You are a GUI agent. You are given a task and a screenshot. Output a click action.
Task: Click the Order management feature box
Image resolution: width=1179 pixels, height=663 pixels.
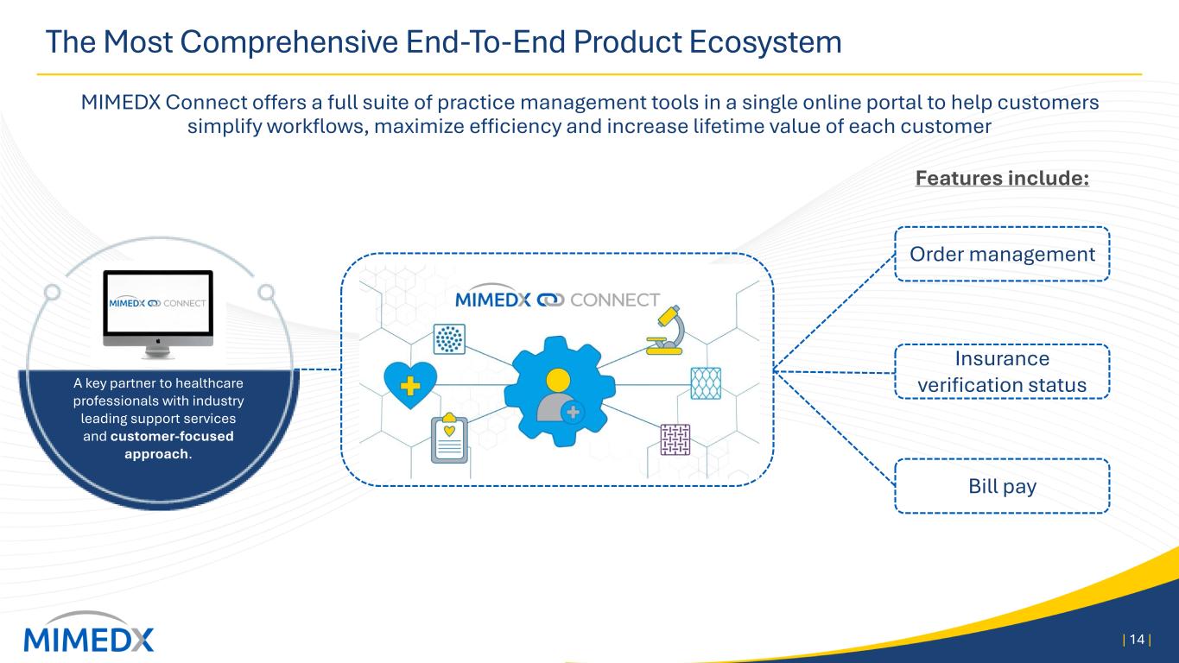pyautogui.click(x=1002, y=254)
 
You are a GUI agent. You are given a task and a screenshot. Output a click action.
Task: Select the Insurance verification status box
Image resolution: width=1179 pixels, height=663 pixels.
pyautogui.click(x=1002, y=371)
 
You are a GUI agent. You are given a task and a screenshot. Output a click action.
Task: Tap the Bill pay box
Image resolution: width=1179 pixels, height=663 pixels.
pyautogui.click(x=1002, y=486)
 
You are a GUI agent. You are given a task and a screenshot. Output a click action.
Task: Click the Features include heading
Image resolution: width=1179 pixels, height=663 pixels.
pyautogui.click(x=1002, y=178)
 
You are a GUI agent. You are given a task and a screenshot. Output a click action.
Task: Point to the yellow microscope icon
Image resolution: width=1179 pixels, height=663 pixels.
pyautogui.click(x=666, y=330)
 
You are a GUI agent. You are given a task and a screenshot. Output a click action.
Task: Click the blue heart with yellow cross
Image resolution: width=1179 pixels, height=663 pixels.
pyautogui.click(x=410, y=385)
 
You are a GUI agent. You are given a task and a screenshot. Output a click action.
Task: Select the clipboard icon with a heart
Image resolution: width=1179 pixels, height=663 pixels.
pyautogui.click(x=449, y=438)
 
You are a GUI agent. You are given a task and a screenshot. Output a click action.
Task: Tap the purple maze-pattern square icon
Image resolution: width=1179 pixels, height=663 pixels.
pyautogui.click(x=675, y=439)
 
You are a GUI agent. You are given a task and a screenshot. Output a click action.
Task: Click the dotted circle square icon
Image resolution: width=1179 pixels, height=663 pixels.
pyautogui.click(x=449, y=339)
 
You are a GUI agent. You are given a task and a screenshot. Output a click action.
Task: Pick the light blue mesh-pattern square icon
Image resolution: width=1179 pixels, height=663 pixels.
pyautogui.click(x=706, y=383)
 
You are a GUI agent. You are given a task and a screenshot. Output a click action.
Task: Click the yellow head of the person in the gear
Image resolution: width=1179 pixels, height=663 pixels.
pyautogui.click(x=558, y=380)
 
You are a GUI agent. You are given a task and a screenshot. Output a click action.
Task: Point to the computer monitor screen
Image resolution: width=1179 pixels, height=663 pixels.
pyautogui.click(x=158, y=302)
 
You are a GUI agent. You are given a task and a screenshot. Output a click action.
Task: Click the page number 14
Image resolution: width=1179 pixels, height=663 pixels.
pyautogui.click(x=1137, y=640)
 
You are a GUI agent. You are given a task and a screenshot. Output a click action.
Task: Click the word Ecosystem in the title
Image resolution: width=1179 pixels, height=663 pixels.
pyautogui.click(x=765, y=42)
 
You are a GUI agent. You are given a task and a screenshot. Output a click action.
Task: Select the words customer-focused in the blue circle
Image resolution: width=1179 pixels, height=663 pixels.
pyautogui.click(x=172, y=436)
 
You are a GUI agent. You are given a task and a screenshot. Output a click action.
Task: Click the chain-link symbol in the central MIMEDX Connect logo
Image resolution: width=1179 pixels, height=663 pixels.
pyautogui.click(x=550, y=300)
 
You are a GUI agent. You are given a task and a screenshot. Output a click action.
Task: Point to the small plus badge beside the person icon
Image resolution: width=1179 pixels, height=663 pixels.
pyautogui.click(x=574, y=413)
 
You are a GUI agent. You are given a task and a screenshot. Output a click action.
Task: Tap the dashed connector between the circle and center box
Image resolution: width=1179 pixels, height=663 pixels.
pyautogui.click(x=320, y=369)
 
